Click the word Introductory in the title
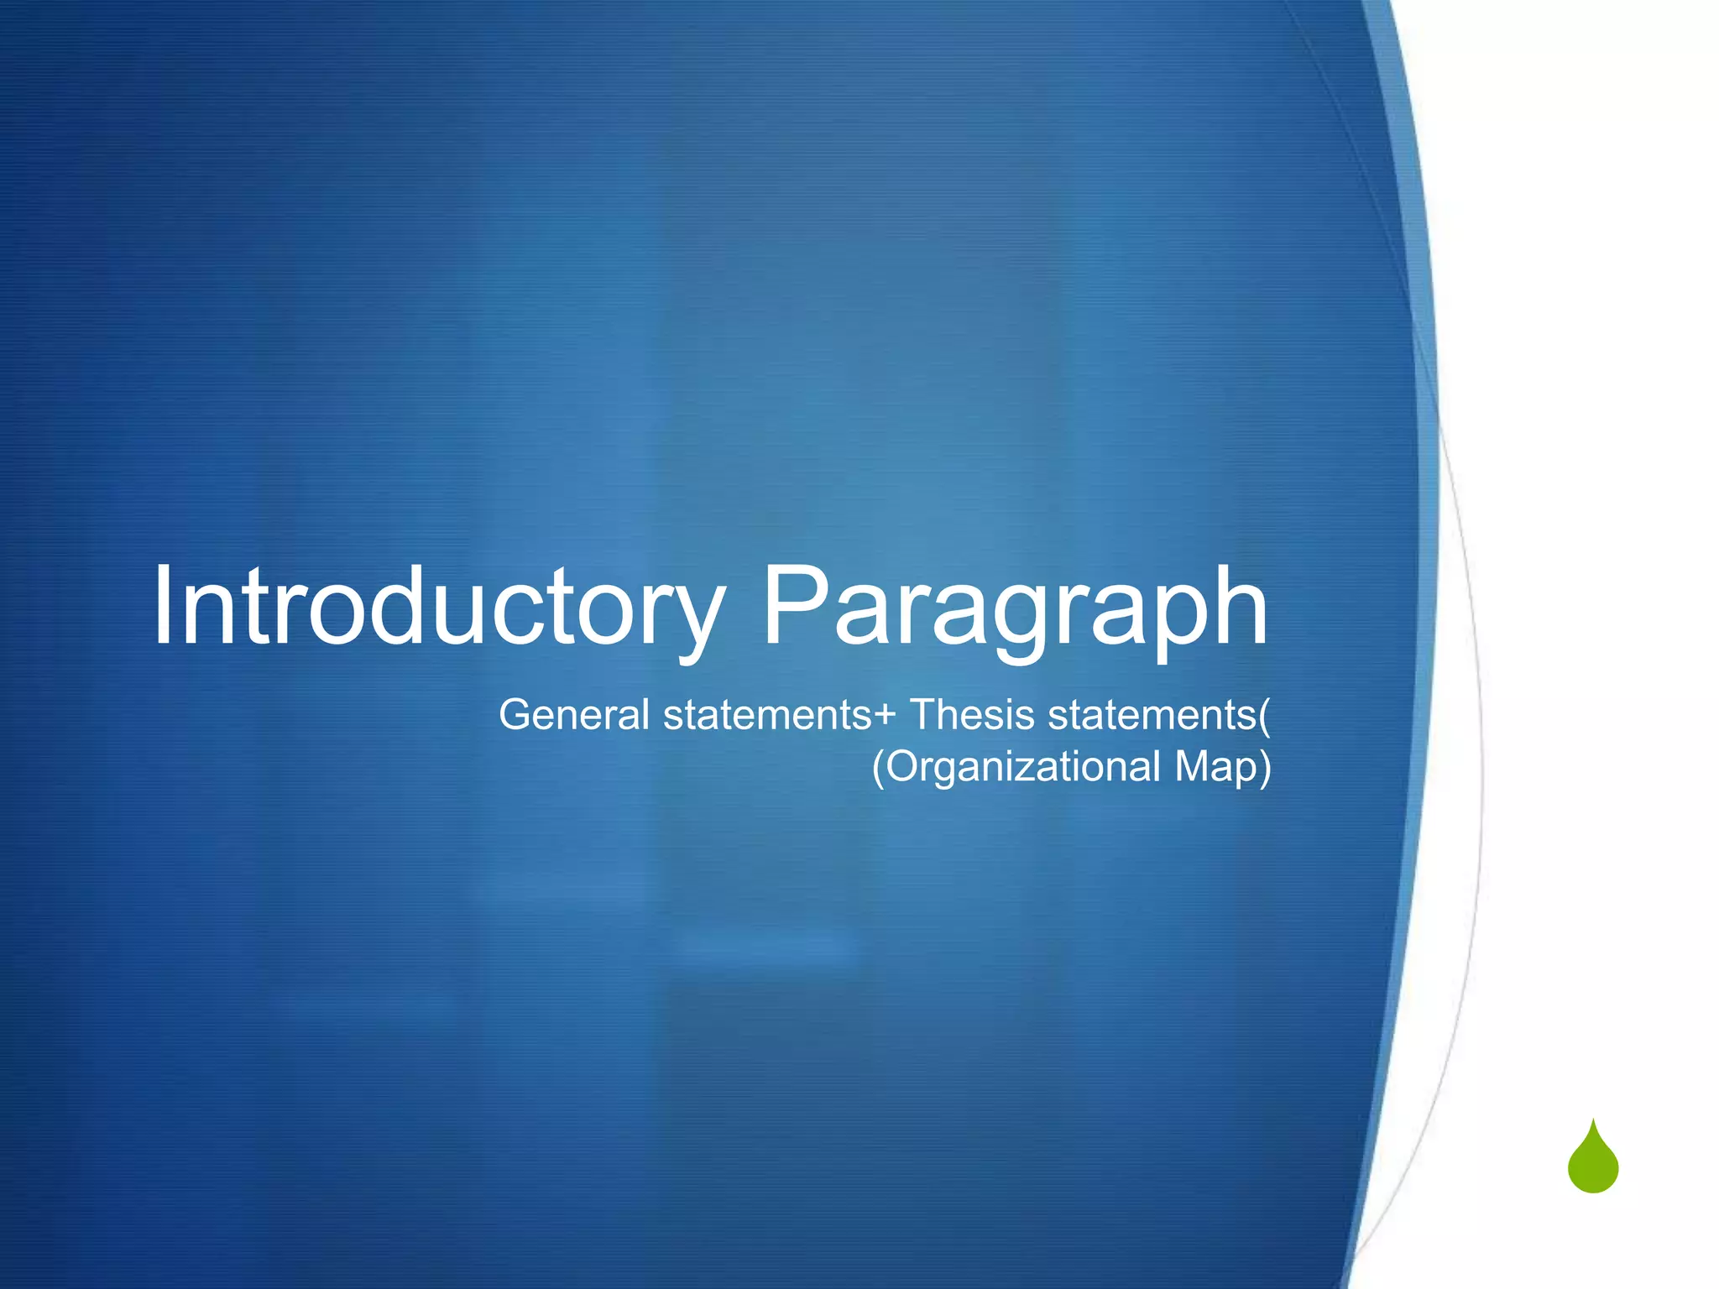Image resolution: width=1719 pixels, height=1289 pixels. click(x=437, y=607)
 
